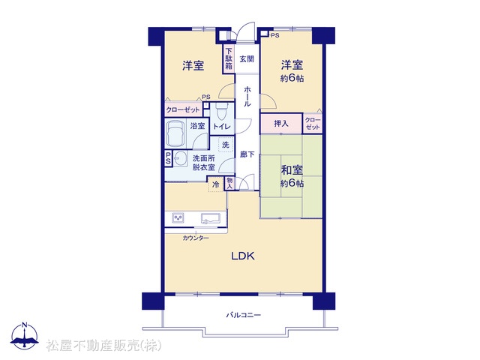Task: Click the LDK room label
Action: tap(243, 256)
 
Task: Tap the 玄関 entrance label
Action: tap(247, 58)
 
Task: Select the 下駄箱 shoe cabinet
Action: tap(229, 59)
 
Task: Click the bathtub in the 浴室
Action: tap(175, 133)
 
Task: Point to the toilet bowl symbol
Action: tap(221, 112)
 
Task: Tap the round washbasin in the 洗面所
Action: tap(181, 158)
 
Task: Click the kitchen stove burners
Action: tap(178, 218)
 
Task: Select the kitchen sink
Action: tap(211, 218)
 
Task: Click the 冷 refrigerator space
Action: tap(216, 184)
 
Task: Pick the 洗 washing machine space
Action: tap(226, 145)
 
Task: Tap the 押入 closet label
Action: tap(281, 124)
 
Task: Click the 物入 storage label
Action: tap(229, 183)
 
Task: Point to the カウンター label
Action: tap(196, 238)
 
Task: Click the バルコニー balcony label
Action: tap(244, 315)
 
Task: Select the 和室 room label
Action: tap(292, 170)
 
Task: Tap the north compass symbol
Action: tap(25, 335)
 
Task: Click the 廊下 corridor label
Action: tap(247, 154)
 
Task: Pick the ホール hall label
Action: tap(247, 97)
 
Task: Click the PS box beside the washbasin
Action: tap(168, 158)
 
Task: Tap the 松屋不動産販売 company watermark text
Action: tap(103, 346)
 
